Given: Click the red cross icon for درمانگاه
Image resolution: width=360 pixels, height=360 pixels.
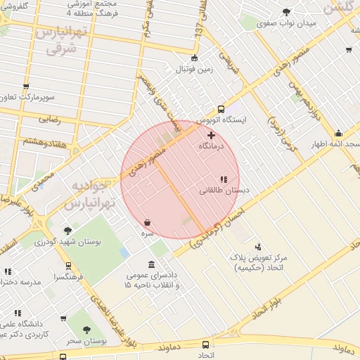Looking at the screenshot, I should click(x=211, y=134).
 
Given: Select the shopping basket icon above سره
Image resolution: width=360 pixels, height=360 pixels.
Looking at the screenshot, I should click(x=147, y=222).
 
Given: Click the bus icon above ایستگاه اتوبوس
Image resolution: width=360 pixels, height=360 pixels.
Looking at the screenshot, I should click(x=221, y=109).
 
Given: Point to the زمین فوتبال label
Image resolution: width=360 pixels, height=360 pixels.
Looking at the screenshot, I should click(x=193, y=69).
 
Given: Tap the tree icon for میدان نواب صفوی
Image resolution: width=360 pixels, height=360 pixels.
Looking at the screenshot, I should click(x=286, y=12).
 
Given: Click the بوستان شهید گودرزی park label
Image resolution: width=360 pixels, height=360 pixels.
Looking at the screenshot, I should click(x=68, y=242).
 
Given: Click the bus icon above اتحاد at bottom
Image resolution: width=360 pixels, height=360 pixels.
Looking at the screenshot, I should click(x=205, y=345).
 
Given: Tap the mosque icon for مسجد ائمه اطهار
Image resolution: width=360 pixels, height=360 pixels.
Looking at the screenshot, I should click(x=338, y=134).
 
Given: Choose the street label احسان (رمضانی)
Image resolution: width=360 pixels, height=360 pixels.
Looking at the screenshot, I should click(x=216, y=224).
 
